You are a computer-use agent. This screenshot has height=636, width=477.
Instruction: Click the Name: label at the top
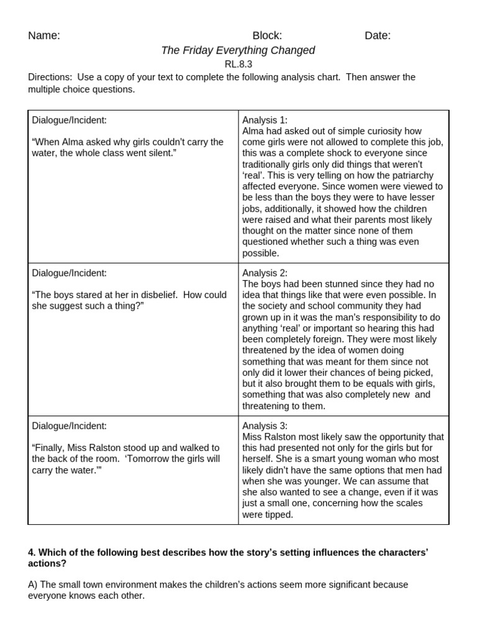click(x=44, y=35)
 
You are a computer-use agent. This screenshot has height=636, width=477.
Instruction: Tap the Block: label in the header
click(x=267, y=35)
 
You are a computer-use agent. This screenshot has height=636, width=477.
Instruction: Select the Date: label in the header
click(x=378, y=35)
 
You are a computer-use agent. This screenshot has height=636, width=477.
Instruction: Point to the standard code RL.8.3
click(x=238, y=64)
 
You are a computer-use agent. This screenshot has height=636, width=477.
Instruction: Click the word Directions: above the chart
click(x=50, y=77)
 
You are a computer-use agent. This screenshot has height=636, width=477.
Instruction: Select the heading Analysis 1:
click(x=265, y=120)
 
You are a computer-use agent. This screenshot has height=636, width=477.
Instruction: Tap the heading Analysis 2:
click(x=265, y=273)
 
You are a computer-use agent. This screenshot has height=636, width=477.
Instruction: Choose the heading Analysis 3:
click(x=265, y=426)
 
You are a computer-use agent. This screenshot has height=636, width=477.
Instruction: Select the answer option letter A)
click(x=34, y=584)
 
